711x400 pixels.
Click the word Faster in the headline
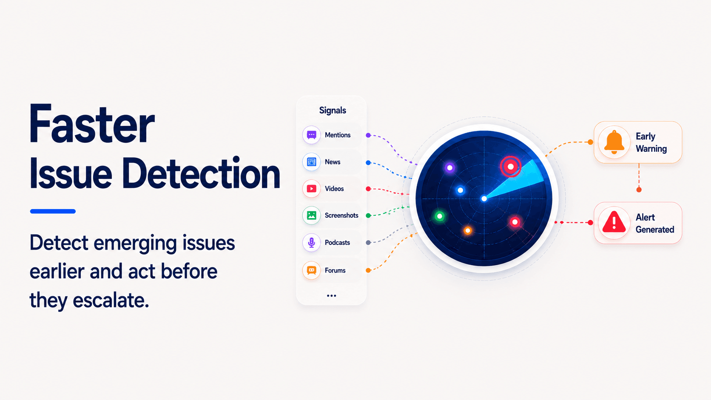(92, 124)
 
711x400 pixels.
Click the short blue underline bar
(53, 211)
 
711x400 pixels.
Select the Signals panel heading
(333, 111)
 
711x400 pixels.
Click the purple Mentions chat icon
(311, 135)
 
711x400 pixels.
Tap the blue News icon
(311, 162)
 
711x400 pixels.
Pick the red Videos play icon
(311, 189)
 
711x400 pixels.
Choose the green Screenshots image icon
(311, 216)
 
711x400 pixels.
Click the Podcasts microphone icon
(311, 243)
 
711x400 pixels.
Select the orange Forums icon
(311, 270)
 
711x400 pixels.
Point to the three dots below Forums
(331, 295)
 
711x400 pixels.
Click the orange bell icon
(614, 142)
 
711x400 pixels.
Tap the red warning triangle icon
(614, 222)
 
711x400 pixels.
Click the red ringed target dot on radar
(510, 167)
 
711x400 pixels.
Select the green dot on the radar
(440, 216)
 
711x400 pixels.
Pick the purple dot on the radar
(450, 167)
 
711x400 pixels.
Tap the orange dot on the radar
(467, 231)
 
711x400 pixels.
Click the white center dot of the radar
(484, 199)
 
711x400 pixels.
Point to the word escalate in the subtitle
(111, 300)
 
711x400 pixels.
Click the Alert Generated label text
(655, 223)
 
